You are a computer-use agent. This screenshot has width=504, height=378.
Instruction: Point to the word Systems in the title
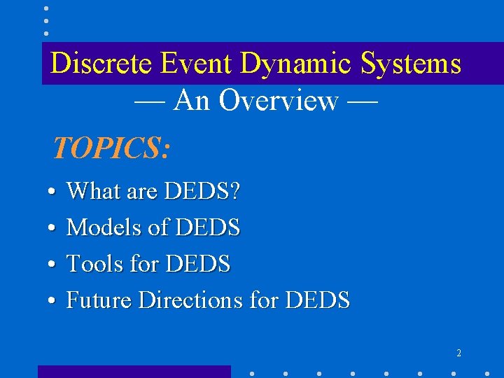(412, 64)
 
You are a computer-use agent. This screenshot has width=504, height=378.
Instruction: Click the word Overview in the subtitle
(278, 101)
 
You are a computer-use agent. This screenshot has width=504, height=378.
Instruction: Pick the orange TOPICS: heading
(111, 148)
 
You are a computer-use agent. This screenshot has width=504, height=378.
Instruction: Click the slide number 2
(458, 353)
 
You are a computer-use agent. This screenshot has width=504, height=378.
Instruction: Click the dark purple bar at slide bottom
(134, 372)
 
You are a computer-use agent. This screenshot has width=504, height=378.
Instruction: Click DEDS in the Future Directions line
(318, 300)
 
